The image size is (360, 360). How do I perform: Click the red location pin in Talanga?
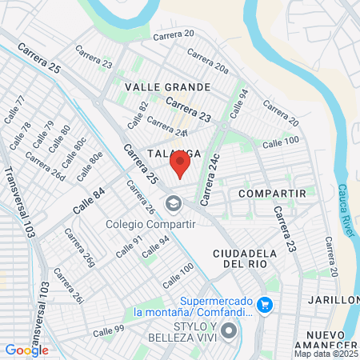(180, 165)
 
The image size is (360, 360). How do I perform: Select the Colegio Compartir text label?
(151, 223)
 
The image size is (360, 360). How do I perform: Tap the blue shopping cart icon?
(266, 305)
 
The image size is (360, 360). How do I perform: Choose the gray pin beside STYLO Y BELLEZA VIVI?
(230, 330)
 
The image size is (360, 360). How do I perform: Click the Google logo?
(26, 350)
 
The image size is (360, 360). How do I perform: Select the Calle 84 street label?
(88, 199)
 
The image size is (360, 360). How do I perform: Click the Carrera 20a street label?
(207, 61)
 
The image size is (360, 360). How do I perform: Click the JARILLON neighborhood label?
(334, 300)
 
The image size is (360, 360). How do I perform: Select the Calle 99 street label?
(108, 330)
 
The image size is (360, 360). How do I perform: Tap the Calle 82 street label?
(138, 115)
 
